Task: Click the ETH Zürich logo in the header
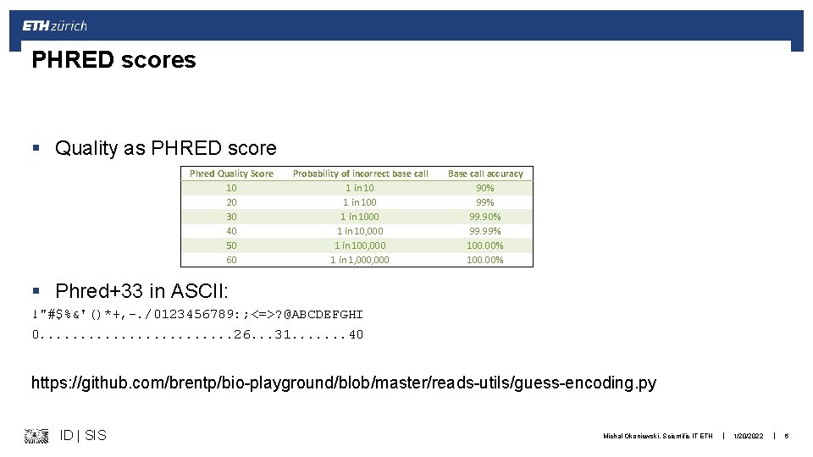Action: click(54, 25)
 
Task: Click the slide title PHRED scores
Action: click(113, 60)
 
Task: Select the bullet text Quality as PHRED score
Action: click(165, 148)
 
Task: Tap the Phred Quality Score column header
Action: click(231, 173)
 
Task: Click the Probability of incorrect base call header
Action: click(360, 173)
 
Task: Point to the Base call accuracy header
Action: click(485, 173)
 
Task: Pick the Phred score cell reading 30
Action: click(231, 217)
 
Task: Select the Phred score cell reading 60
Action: click(231, 260)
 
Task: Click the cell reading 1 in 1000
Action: click(360, 217)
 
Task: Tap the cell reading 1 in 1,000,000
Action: click(360, 260)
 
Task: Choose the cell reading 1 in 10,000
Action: click(360, 231)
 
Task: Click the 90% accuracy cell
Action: click(485, 188)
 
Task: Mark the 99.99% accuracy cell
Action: click(485, 231)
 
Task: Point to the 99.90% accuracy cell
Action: click(485, 217)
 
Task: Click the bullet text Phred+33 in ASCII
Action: click(141, 291)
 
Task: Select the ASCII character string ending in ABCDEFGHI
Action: click(197, 314)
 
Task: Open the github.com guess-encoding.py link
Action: click(343, 383)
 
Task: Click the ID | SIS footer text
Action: click(83, 435)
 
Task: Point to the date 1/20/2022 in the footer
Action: click(748, 436)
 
